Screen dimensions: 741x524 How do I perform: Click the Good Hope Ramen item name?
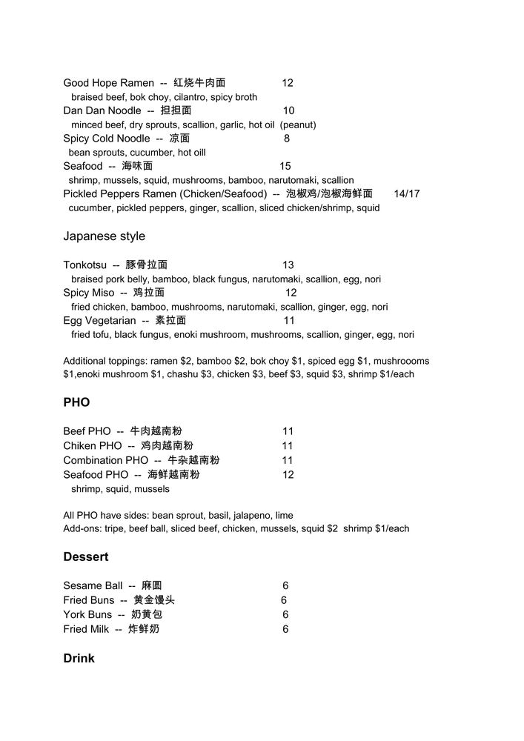(x=108, y=83)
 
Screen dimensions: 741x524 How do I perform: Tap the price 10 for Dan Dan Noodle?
(x=288, y=110)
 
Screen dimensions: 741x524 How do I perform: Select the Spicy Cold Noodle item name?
(x=106, y=139)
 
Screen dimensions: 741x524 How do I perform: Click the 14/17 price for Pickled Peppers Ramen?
(x=407, y=194)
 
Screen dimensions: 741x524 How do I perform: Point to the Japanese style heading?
(x=104, y=236)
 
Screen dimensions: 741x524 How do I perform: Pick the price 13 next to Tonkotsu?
(x=288, y=265)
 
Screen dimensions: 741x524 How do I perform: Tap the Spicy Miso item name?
(x=88, y=293)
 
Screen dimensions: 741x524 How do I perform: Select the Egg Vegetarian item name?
(x=99, y=321)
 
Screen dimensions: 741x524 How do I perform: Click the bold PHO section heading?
(x=76, y=402)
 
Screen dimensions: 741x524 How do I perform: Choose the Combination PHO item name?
(x=105, y=460)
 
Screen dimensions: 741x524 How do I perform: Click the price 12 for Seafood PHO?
(x=288, y=475)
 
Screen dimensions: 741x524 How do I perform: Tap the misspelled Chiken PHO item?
(x=92, y=446)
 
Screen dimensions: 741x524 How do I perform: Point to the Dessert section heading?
(x=85, y=556)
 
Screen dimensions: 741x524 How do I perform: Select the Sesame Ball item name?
(x=93, y=586)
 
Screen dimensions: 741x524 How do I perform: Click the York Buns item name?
(x=87, y=615)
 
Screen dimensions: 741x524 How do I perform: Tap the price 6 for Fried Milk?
(x=285, y=629)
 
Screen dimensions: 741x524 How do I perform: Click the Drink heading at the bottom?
(x=79, y=658)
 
